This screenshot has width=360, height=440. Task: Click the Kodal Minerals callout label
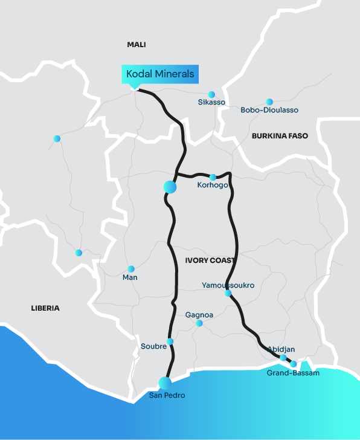pyautogui.click(x=160, y=74)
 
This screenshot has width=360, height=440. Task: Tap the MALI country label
pyautogui.click(x=137, y=45)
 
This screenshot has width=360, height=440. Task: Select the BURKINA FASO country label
pyautogui.click(x=280, y=136)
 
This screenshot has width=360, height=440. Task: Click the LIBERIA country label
pyautogui.click(x=45, y=308)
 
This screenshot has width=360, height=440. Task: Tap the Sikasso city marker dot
pyautogui.click(x=211, y=94)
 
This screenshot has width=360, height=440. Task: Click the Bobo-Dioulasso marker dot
pyautogui.click(x=269, y=102)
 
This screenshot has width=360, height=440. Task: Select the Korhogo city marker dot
pyautogui.click(x=213, y=177)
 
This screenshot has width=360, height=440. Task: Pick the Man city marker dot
pyautogui.click(x=130, y=269)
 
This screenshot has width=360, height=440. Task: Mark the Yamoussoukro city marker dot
pyautogui.click(x=228, y=293)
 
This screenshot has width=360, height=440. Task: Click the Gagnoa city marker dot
pyautogui.click(x=199, y=323)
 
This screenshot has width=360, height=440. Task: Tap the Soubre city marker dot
pyautogui.click(x=170, y=341)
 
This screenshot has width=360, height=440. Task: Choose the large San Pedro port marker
pyautogui.click(x=164, y=382)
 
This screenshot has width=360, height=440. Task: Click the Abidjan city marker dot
pyautogui.click(x=283, y=358)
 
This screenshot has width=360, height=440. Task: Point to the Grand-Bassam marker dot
pyautogui.click(x=294, y=364)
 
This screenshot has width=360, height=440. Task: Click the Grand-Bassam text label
pyautogui.click(x=293, y=374)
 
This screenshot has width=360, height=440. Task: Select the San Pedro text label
pyautogui.click(x=167, y=395)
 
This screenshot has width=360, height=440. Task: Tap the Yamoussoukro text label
pyautogui.click(x=227, y=285)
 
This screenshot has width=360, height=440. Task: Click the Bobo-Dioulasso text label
pyautogui.click(x=269, y=111)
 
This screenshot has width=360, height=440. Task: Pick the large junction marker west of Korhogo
pyautogui.click(x=170, y=187)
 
